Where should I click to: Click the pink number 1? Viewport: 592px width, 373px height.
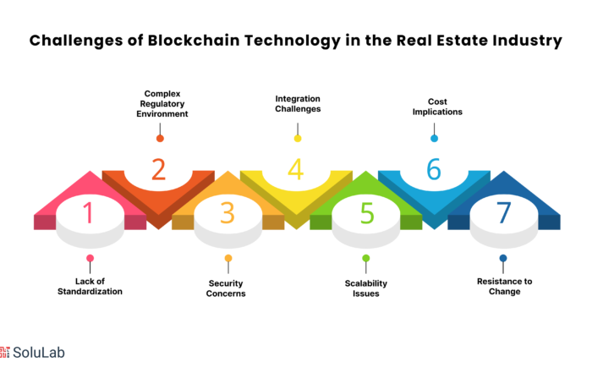tap(89, 212)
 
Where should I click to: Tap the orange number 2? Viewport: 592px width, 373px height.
tap(159, 169)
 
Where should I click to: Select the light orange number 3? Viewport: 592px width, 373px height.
tap(227, 213)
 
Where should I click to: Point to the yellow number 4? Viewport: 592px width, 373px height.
tap(296, 169)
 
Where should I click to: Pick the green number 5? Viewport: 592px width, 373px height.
tap(367, 213)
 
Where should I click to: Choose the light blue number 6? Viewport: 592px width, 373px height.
tap(434, 169)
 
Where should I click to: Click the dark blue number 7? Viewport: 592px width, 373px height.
tap(504, 212)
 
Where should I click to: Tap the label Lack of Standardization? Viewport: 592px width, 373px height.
tap(90, 287)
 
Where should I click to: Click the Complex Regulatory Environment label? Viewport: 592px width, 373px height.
tap(162, 104)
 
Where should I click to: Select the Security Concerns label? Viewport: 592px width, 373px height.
tap(226, 288)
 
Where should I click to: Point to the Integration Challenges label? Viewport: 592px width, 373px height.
tap(298, 104)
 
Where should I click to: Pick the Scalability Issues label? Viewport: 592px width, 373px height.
tap(366, 288)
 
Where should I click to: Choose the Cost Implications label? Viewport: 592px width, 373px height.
tap(437, 107)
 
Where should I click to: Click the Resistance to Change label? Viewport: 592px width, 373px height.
tap(504, 287)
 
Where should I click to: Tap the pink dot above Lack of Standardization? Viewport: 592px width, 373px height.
tap(90, 258)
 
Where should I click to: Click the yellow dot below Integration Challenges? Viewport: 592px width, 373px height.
tap(298, 139)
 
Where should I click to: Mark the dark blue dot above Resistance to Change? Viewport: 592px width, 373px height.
tap(503, 258)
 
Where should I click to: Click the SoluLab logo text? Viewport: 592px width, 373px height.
tap(39, 352)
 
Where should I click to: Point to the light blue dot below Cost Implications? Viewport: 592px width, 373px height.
tap(434, 139)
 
